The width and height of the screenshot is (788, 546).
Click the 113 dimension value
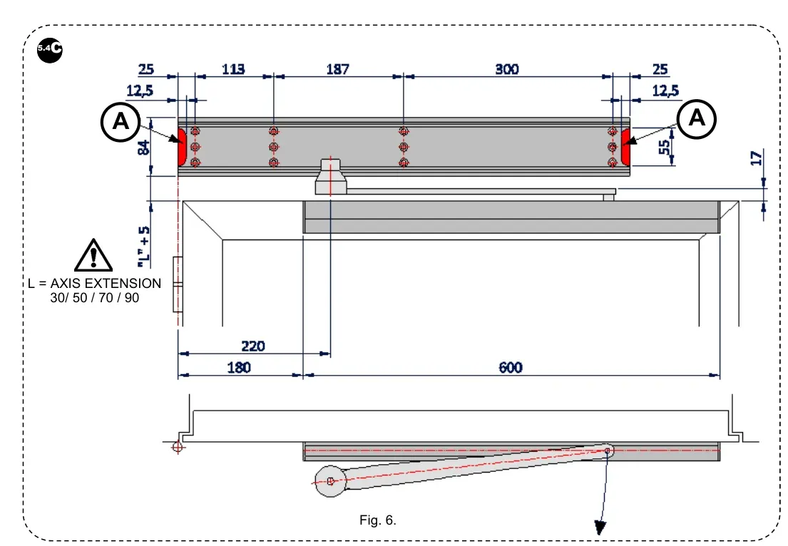[233, 69]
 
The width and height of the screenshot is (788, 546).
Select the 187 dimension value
[337, 69]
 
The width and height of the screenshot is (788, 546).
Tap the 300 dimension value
[507, 69]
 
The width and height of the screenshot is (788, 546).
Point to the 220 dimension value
[253, 346]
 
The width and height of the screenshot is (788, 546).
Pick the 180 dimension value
[239, 368]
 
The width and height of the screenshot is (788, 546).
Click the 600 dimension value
[511, 368]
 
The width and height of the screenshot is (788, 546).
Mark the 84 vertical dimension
[143, 148]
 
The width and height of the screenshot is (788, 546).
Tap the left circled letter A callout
[122, 122]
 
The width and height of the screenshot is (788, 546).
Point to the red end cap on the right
[625, 146]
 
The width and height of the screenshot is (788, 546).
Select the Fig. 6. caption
[378, 520]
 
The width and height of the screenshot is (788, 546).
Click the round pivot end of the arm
[330, 481]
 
